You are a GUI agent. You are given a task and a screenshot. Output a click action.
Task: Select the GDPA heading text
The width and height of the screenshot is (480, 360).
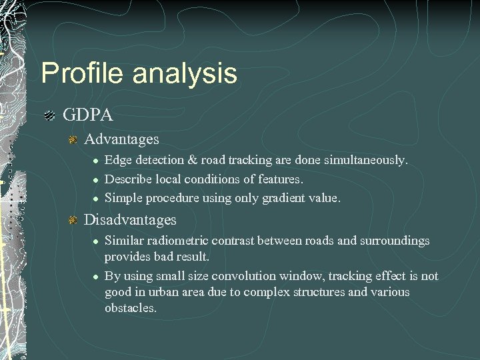[x=88, y=115]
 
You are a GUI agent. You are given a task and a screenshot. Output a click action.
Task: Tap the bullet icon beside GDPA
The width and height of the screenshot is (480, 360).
[x=49, y=116]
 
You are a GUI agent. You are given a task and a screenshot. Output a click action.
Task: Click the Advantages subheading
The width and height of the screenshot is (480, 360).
[x=122, y=139]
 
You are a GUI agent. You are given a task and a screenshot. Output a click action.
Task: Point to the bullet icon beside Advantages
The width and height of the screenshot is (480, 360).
[x=74, y=140]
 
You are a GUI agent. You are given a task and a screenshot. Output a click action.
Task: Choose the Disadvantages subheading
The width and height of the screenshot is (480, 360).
[x=130, y=219]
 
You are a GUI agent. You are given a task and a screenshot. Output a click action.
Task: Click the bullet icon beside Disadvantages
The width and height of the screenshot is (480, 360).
[x=74, y=220]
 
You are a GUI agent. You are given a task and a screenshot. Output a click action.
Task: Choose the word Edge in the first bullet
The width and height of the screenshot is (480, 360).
[x=117, y=161]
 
